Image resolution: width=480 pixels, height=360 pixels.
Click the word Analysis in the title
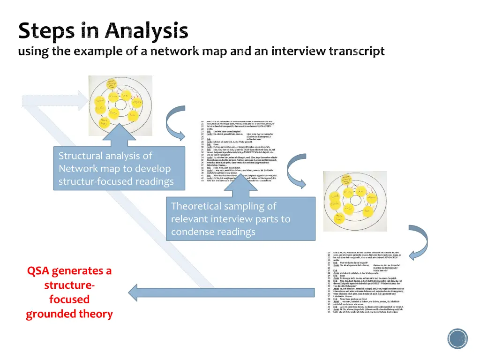(146, 31)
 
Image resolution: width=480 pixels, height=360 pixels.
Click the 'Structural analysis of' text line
(105, 156)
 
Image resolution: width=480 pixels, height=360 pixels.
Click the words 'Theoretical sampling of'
(224, 206)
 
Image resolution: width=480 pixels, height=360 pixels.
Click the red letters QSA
(39, 271)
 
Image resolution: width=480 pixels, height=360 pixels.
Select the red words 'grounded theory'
(69, 314)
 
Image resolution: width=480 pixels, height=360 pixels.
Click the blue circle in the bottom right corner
(457, 338)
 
